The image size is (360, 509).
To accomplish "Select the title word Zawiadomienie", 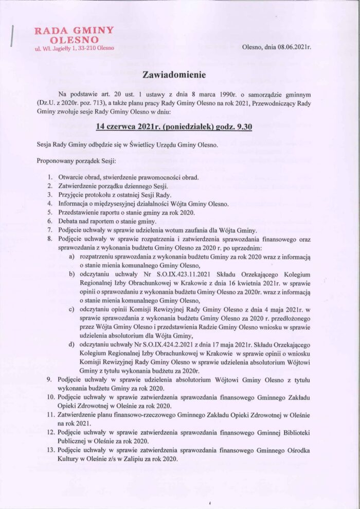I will pos(174,75).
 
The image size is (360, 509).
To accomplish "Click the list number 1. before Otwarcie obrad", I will pos(50,177).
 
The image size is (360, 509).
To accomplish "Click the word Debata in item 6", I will pos(70,222).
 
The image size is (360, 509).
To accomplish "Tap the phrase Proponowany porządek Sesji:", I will pos(77,161).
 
